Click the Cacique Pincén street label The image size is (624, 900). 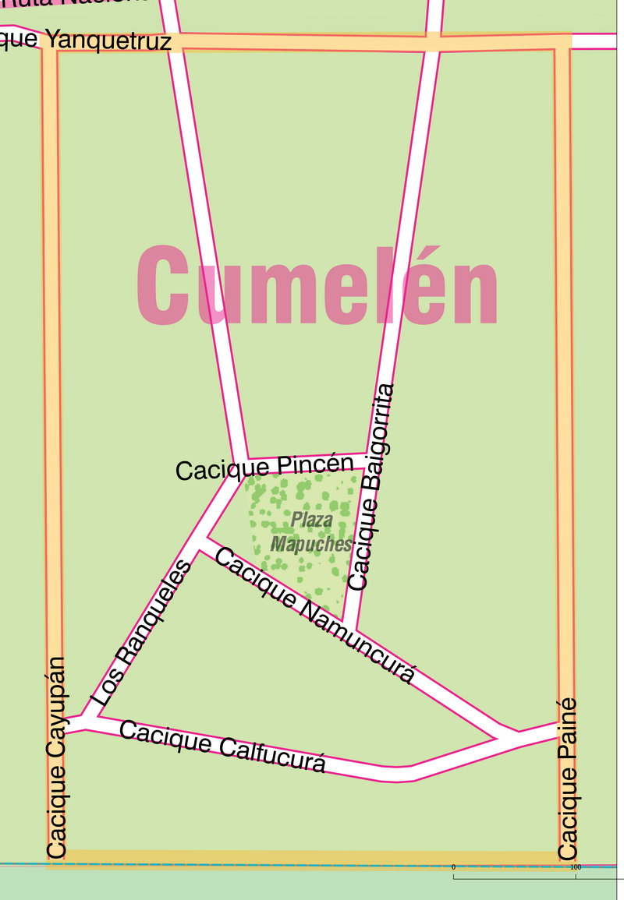coord(264,468)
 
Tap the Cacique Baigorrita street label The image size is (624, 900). coord(373,487)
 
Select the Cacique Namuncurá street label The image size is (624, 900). coord(314,615)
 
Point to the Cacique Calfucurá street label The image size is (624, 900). coord(222,746)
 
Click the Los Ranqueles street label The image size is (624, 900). coord(141,634)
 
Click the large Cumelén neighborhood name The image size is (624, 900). coord(317,286)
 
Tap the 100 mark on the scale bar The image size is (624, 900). coord(576,866)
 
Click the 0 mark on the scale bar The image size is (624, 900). coord(453,866)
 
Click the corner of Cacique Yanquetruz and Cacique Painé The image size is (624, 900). coord(562,41)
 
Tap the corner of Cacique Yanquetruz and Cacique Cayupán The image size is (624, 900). coord(49,41)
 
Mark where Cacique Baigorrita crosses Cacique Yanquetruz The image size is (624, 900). coord(433,41)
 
